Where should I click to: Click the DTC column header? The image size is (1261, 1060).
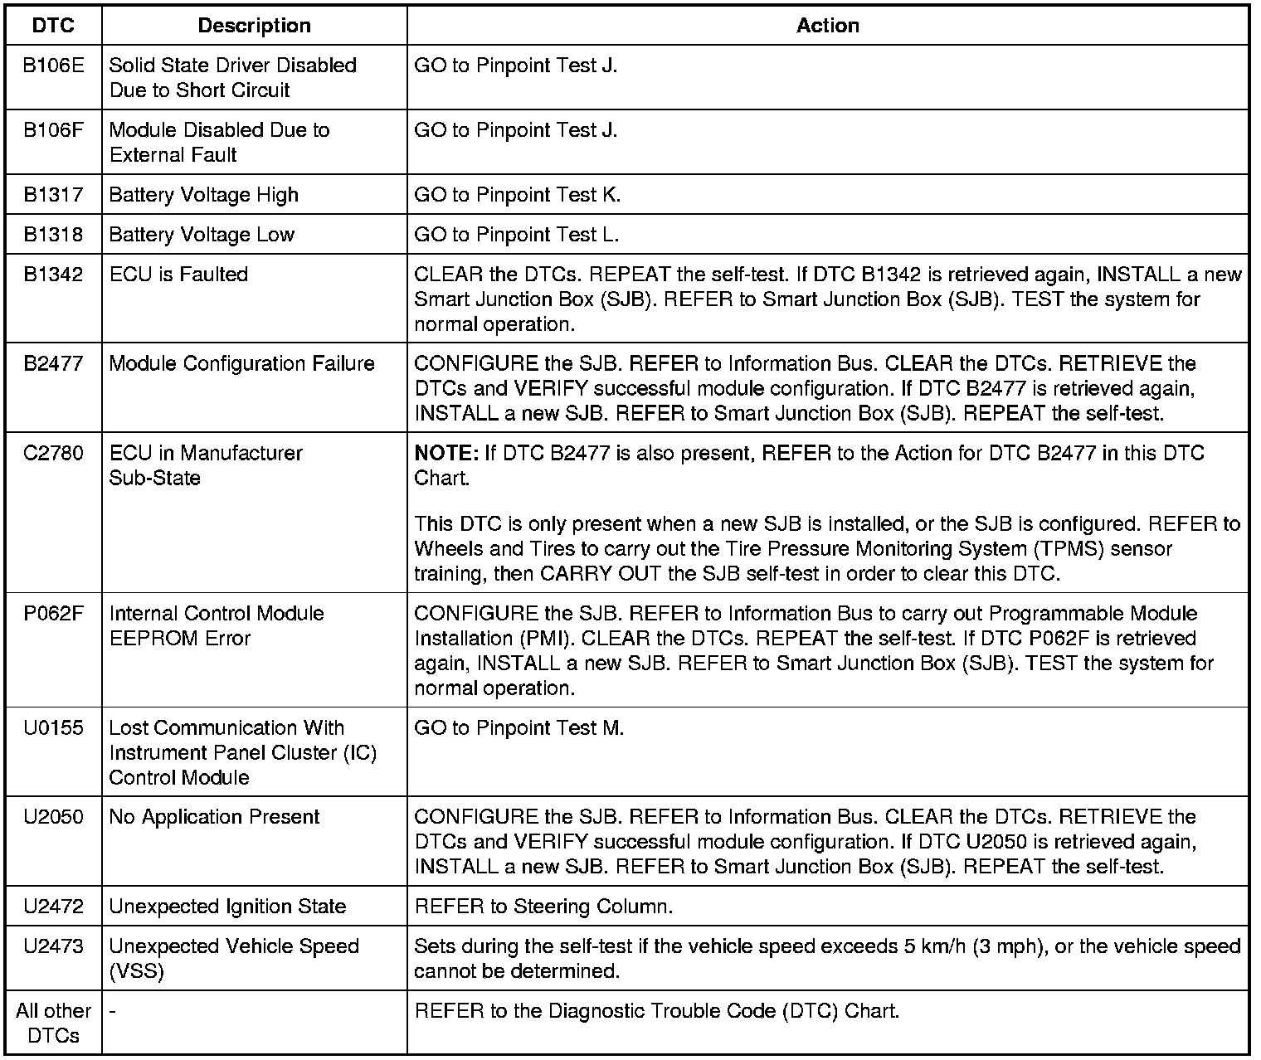tap(53, 26)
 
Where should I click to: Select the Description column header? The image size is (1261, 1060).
tap(254, 26)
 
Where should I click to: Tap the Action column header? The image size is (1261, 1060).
tap(827, 26)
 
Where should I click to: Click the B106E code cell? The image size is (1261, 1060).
tap(53, 66)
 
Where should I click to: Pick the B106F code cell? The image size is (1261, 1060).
tap(53, 130)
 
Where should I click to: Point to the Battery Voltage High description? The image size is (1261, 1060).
tap(203, 195)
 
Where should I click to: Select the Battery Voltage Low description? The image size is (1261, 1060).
tap(202, 235)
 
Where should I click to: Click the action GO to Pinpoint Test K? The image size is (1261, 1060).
tap(517, 195)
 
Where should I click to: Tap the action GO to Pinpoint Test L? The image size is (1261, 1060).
tap(516, 235)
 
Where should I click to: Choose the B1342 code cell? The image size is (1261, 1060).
tap(53, 275)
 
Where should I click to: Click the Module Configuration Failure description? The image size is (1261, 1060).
tap(241, 364)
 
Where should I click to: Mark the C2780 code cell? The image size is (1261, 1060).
tap(53, 454)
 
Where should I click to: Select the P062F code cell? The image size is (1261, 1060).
tap(53, 614)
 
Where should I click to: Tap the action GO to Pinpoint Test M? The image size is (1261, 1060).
tap(519, 728)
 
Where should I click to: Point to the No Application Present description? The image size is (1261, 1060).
tap(214, 817)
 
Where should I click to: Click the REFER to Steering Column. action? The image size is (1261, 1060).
tap(543, 907)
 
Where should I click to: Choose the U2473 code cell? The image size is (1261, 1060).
tap(53, 946)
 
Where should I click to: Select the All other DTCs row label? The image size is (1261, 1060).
tap(53, 1023)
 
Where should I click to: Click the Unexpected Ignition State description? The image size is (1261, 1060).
tap(227, 907)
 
